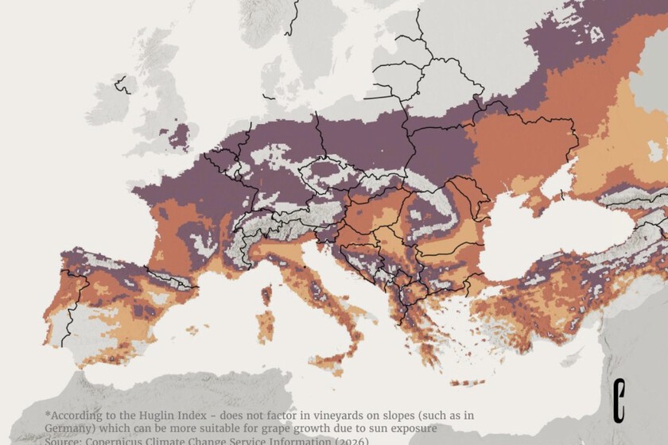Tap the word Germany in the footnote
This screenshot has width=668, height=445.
(71, 428)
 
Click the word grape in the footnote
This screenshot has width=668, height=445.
(285, 428)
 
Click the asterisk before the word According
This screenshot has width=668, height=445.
(48, 414)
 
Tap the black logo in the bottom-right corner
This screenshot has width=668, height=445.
(620, 400)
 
